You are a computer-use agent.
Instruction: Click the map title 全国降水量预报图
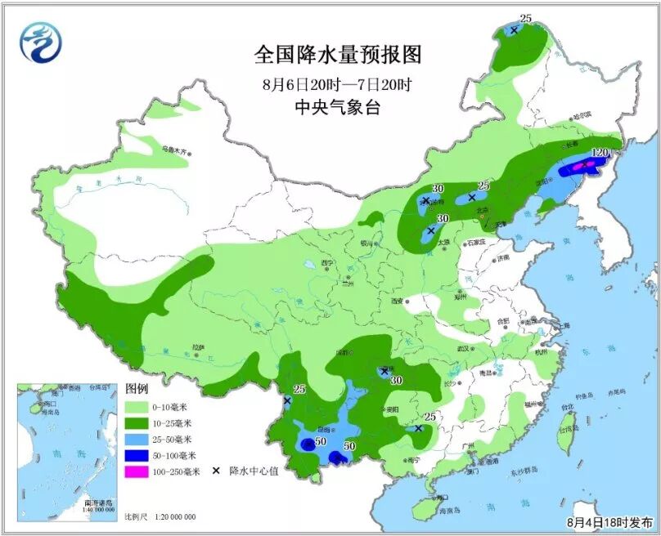click(x=338, y=55)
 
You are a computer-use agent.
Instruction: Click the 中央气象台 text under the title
click(x=338, y=107)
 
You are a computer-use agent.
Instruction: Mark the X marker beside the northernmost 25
click(x=514, y=30)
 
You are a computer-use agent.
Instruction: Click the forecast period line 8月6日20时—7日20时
click(x=338, y=84)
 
